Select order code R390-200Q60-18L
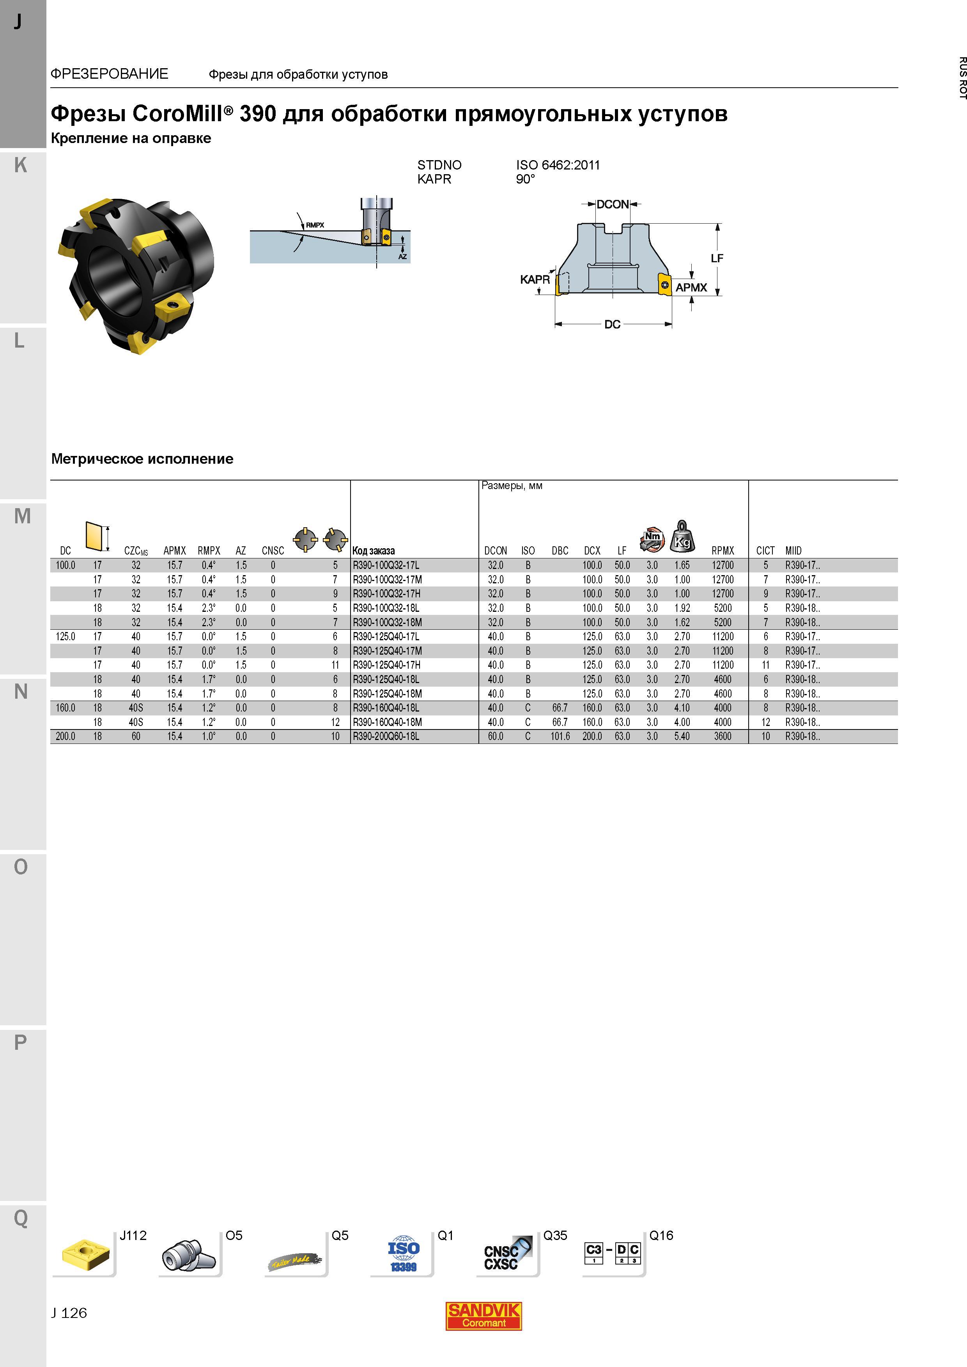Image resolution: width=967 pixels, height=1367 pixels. pos(386,736)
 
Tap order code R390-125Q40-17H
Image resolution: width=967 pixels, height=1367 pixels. pos(387,665)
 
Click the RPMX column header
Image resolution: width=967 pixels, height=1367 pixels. pos(723,551)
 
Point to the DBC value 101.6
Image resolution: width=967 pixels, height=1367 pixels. pos(560,736)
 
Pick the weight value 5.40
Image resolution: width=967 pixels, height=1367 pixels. pos(682,736)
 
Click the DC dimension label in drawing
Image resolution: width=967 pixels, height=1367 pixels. pos(613,325)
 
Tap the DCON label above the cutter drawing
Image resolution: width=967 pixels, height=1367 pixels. pos(613,204)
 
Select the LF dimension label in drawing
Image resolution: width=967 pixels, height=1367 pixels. pos(717,258)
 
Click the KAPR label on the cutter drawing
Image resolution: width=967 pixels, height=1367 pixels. pos(535,279)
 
